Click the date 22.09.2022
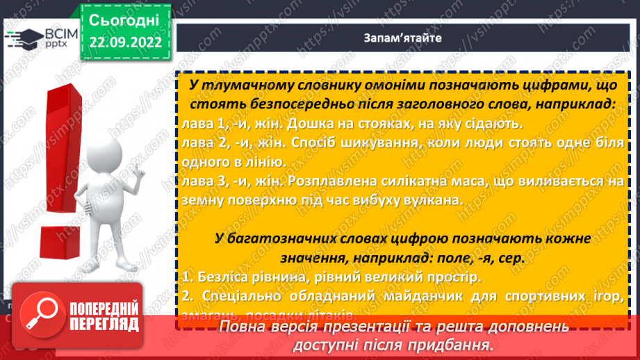(x=124, y=42)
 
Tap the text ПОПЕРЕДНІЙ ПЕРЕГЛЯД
(x=102, y=316)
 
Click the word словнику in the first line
(x=301, y=85)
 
